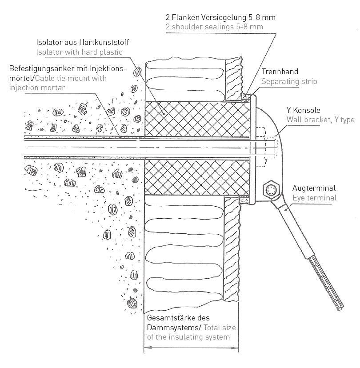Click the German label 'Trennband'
(x=280, y=72)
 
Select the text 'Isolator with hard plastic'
(x=79, y=52)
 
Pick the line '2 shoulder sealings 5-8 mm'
(x=214, y=27)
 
